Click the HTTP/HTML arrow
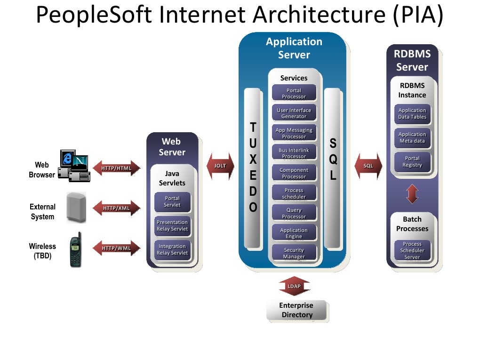coord(116,168)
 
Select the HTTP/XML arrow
coord(116,208)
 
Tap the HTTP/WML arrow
coord(116,248)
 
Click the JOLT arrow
coord(220,166)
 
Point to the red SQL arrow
coord(368,166)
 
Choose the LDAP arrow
coord(294,286)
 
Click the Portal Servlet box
coord(172,201)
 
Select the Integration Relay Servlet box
coord(172,250)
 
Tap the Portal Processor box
coord(294,93)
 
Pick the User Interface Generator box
coord(294,113)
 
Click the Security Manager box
coord(294,253)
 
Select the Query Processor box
coord(294,213)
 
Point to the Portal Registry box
coord(412,161)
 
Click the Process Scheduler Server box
coord(412,250)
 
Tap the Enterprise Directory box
coord(296,310)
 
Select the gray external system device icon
coord(76,207)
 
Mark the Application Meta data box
coord(412,137)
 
